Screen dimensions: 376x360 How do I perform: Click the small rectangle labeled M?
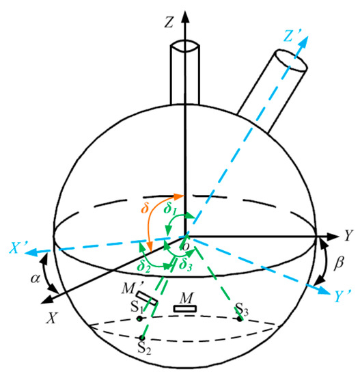pos(183,308)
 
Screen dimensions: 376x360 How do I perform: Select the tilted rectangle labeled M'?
pos(147,300)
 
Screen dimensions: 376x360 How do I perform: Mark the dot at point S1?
pos(139,319)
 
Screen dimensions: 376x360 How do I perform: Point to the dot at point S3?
pos(240,318)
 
